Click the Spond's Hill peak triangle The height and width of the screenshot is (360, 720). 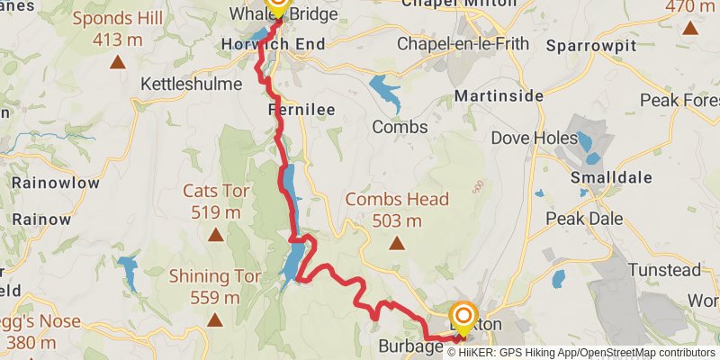click(117, 62)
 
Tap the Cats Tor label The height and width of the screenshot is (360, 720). click(215, 191)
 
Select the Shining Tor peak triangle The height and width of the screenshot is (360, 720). click(215, 319)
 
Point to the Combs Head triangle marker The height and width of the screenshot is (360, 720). click(397, 242)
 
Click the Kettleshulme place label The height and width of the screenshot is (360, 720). click(192, 84)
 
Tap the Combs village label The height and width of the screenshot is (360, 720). click(400, 127)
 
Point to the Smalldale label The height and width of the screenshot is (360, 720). click(608, 177)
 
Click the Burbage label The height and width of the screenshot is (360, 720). click(410, 345)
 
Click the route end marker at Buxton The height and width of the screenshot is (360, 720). click(464, 316)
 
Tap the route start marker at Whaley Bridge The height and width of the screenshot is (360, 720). click(277, 6)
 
